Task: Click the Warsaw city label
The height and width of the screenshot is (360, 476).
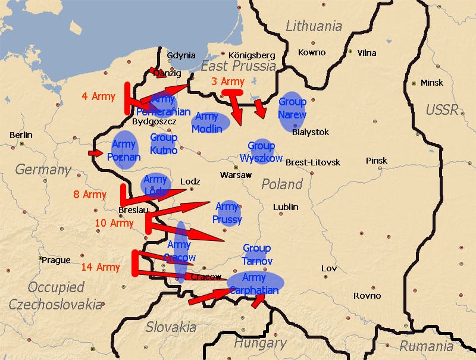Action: [x=236, y=175]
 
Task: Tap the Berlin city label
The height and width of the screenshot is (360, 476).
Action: [x=21, y=135]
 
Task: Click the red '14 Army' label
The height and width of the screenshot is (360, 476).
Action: [x=100, y=267]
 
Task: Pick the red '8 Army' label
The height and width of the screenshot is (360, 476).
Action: [x=90, y=195]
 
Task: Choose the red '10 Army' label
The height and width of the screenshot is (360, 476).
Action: [x=114, y=223]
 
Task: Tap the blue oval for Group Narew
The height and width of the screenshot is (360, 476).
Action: [x=292, y=110]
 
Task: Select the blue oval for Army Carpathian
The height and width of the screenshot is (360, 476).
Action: [x=256, y=283]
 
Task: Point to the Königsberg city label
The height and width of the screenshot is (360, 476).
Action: [x=248, y=55]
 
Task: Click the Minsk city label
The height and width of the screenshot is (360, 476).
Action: [x=431, y=83]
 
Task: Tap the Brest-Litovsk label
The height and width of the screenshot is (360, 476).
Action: [x=313, y=162]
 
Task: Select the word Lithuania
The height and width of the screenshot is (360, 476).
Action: [x=314, y=26]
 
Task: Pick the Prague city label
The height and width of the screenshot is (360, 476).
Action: [x=55, y=259]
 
